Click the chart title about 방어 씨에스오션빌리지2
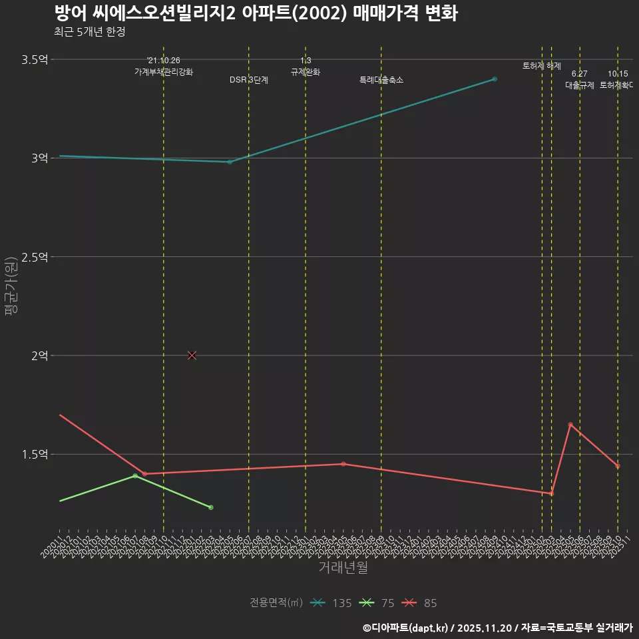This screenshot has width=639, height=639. coord(255,14)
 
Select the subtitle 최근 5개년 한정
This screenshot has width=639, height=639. coord(89,32)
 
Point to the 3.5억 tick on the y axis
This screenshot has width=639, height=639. coord(35,60)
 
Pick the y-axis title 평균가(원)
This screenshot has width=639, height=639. coord(11,286)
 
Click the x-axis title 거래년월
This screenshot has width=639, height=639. coord(343,568)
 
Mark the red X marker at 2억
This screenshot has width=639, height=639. coord(192,355)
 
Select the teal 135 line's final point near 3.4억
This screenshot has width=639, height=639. coord(495,79)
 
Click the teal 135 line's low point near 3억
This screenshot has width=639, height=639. coord(230,162)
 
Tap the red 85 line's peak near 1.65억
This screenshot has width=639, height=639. coord(570,425)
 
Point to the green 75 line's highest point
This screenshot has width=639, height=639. coord(135,476)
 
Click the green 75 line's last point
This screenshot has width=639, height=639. coord(211,507)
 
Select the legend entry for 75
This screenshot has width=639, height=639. coord(377,603)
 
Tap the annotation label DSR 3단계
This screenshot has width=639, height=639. coord(249,80)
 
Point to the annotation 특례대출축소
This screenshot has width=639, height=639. coord(381,80)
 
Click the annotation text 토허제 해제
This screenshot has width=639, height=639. coord(542,66)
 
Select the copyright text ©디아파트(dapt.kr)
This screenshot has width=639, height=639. coord(407,627)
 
